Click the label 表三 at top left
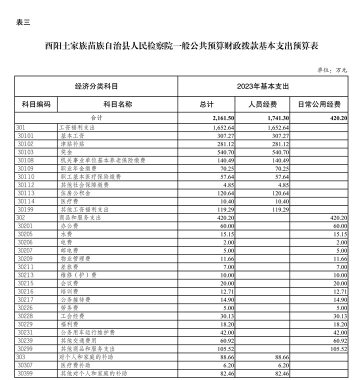tap(23, 22)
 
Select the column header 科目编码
tap(36, 104)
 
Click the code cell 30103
tap(25, 152)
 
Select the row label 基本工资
tap(72, 135)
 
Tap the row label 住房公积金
tap(75, 193)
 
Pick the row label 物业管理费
tap(75, 259)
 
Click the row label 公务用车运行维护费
tap(88, 332)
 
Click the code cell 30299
tap(25, 348)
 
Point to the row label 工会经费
tap(72, 316)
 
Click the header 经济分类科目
tap(96, 86)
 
